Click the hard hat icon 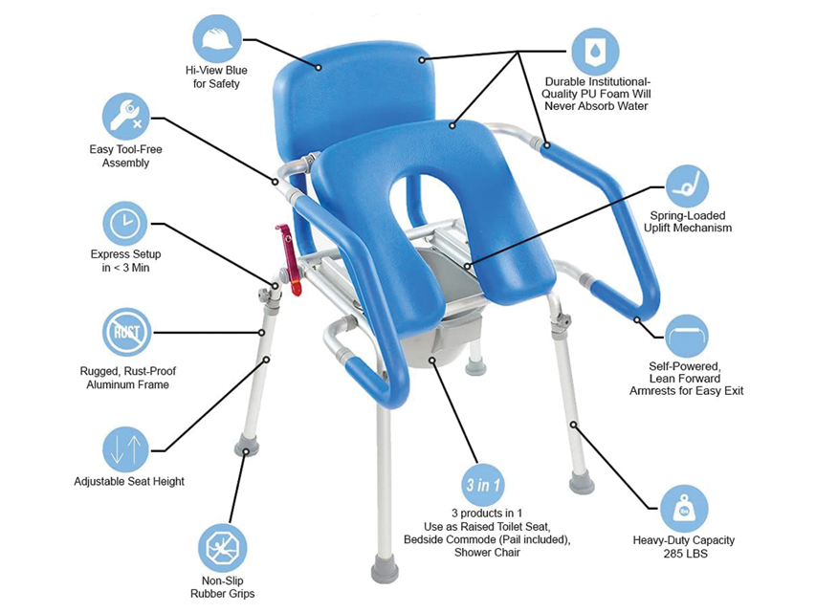coord(217,38)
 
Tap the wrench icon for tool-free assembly coord(125,117)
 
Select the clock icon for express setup coord(125,223)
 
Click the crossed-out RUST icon coord(127,332)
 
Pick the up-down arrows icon coord(125,449)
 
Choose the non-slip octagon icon coord(222,548)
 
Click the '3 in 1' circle coord(483,485)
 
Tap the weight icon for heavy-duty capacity coord(684,510)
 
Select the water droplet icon coord(595,51)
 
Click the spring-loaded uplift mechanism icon coord(687,186)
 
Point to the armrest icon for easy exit coord(687,337)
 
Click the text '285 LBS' coord(685,554)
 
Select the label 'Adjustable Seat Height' coord(129,481)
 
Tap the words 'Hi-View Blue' coord(216,70)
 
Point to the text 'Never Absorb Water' coord(596,106)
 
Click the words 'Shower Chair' coord(487,553)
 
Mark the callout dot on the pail coord(432,360)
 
